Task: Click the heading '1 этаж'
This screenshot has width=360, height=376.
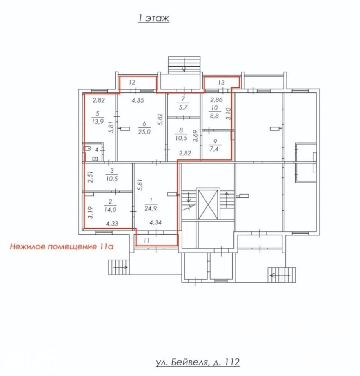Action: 153,18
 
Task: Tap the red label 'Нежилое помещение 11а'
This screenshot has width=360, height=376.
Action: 62,246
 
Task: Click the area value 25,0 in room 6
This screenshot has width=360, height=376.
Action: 144,132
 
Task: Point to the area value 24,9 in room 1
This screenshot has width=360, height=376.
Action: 151,208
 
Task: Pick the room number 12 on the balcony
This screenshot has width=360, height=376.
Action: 132,82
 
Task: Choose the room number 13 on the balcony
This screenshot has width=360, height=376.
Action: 222,83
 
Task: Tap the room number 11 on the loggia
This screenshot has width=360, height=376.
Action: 147,240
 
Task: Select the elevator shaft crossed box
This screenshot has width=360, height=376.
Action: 208,204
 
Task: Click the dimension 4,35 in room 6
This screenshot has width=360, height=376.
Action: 138,100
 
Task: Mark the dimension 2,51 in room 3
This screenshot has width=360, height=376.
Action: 90,177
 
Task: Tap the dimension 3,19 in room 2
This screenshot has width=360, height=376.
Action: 90,212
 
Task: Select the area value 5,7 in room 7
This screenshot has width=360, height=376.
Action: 183,107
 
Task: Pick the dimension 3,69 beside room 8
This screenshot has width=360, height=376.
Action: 196,136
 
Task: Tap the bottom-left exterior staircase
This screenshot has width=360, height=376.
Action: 119,267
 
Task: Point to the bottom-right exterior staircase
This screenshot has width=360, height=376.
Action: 282,275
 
